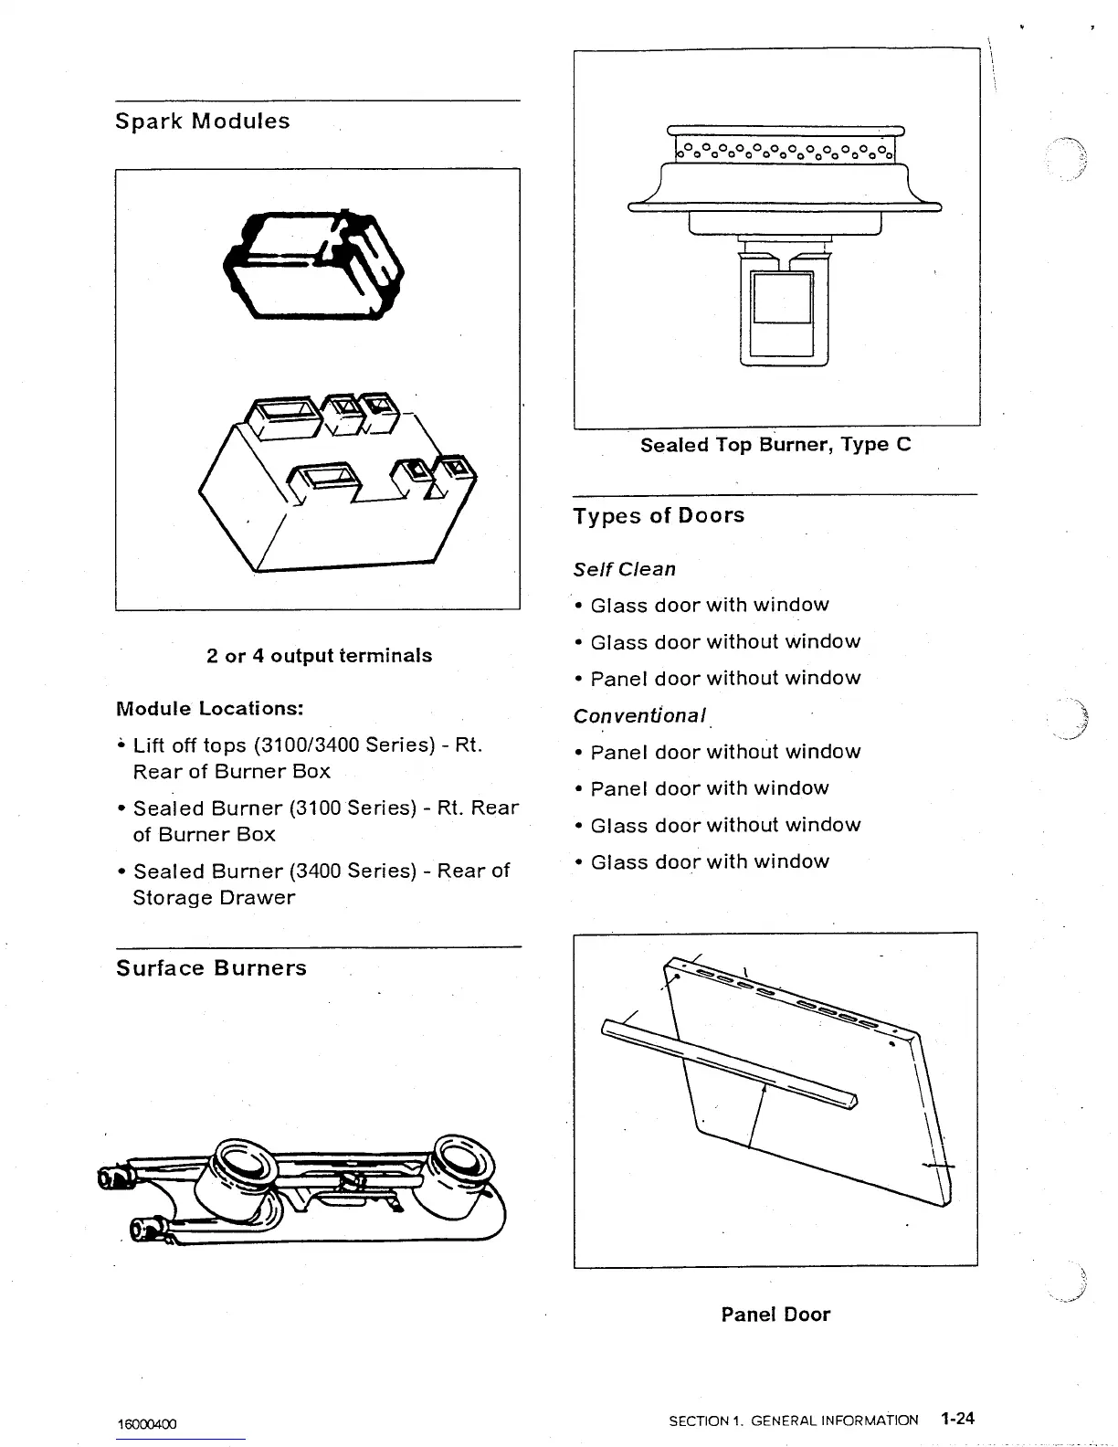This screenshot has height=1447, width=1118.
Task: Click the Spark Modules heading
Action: (203, 121)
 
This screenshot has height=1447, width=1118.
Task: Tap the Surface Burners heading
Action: (211, 968)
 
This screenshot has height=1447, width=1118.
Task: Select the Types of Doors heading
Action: (659, 516)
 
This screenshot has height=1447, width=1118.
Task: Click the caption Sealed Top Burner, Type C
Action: (775, 445)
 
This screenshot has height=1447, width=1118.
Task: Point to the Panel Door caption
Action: (775, 1315)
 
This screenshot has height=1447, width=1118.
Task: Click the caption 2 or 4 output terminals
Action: (319, 656)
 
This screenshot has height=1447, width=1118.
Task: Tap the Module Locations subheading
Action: (210, 709)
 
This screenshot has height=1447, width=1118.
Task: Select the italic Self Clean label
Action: (625, 569)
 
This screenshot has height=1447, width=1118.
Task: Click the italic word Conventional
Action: (639, 715)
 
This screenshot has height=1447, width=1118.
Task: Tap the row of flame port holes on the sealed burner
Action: (784, 149)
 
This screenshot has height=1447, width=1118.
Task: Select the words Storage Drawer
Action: (214, 898)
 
